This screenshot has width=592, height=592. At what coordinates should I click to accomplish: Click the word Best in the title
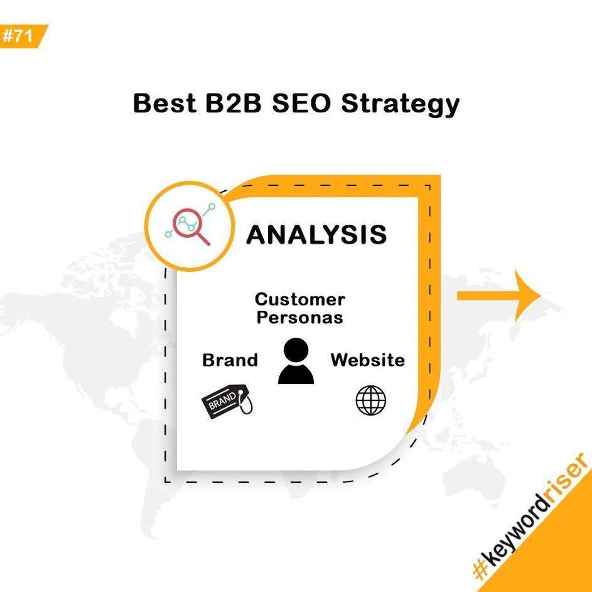click(165, 103)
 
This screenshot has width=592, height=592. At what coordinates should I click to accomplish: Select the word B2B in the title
click(234, 103)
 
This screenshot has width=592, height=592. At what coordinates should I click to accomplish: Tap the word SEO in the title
click(301, 103)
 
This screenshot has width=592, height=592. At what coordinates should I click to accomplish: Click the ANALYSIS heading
click(316, 234)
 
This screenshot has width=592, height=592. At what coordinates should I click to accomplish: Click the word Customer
click(300, 299)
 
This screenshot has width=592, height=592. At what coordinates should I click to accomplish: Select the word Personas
click(300, 317)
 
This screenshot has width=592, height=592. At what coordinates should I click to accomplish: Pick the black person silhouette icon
click(296, 361)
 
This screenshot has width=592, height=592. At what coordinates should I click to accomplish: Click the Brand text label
click(230, 360)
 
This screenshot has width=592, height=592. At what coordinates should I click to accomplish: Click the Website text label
click(368, 360)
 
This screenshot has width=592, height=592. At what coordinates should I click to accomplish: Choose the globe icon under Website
click(371, 400)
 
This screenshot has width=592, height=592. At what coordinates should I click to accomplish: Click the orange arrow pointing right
click(499, 296)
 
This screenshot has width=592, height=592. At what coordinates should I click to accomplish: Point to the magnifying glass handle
click(203, 239)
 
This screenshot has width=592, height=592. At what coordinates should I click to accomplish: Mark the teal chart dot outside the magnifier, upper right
click(212, 207)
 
